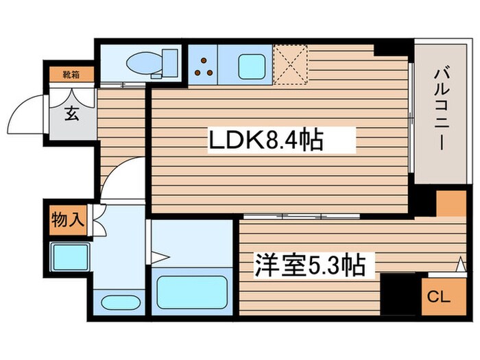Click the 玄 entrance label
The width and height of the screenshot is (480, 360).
click(71, 114)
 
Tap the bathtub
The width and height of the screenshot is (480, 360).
click(191, 292)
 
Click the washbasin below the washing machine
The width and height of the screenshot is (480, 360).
click(119, 302)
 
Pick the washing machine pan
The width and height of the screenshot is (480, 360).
click(70, 258)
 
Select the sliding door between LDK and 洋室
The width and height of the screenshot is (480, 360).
click(302, 216)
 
